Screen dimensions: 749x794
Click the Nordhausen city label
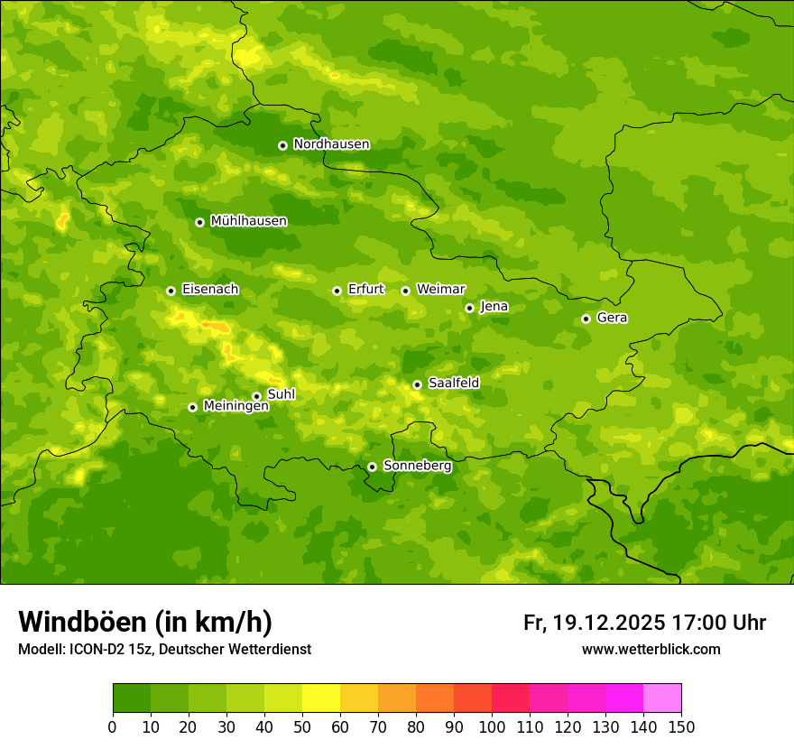331,144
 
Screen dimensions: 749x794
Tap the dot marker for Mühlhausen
199,222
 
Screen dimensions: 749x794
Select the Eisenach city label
210,290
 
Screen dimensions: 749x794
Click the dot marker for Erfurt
337,291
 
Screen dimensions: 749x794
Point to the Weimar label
440,290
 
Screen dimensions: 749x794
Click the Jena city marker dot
469,308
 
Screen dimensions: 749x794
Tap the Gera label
612,318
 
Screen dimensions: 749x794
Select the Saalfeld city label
454,384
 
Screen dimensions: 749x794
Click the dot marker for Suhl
256,396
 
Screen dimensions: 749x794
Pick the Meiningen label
235,406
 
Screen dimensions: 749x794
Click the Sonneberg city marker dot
372,467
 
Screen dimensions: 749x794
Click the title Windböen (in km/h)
145,622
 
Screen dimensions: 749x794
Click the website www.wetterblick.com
651,650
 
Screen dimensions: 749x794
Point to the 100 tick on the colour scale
492,726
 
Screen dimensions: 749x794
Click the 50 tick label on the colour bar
302,726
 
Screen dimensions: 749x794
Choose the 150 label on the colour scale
681,726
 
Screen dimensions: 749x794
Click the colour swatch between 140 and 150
662,698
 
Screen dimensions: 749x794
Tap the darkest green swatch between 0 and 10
132,698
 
